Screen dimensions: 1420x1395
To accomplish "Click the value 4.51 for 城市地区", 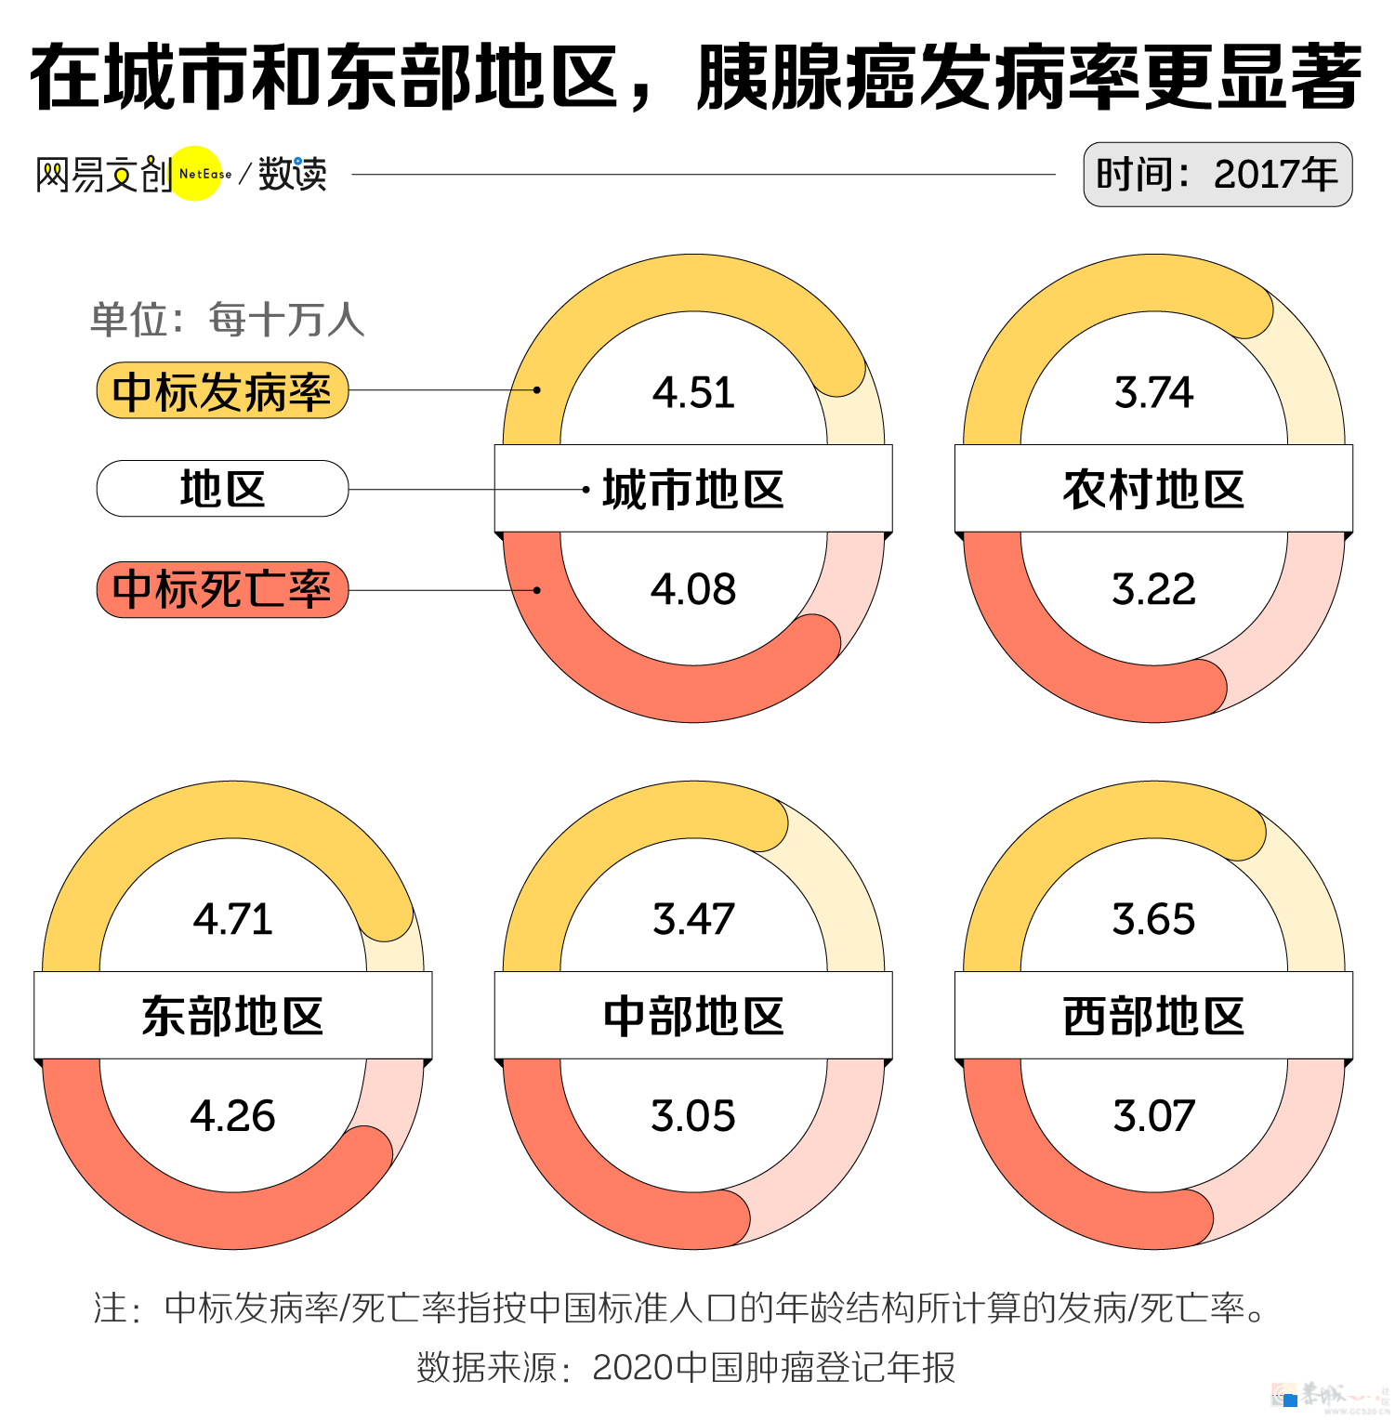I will coord(693,392).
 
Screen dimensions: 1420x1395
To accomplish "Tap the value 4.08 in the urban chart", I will coord(693,589).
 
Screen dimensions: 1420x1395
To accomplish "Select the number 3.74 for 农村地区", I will coord(1153,392).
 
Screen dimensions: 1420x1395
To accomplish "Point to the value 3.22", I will coord(1153,589).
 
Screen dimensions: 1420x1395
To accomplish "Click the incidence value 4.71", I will coord(233,919).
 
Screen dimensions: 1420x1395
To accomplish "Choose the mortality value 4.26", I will coord(233,1115).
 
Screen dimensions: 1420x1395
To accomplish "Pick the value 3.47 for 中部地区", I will coord(693,919).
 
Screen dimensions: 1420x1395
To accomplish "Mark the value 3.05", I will coord(693,1115).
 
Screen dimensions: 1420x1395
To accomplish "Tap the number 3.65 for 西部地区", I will coord(1153,919).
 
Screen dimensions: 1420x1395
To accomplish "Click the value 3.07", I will coord(1153,1115).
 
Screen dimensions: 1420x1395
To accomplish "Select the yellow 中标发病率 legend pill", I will coord(222,391).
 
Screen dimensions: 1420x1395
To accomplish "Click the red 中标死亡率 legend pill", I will coord(222,589).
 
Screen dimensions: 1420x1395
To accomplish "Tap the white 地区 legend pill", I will coord(222,489).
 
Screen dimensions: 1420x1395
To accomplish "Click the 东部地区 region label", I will coord(233,1016).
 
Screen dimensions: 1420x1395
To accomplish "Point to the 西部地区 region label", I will coord(1153,1016).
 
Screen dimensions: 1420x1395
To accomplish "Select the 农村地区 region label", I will coord(1153,489).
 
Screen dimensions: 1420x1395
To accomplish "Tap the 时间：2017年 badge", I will coord(1217,175).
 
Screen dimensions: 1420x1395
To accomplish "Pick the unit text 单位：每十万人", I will coord(228,320).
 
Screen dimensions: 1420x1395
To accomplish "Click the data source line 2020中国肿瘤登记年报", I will coord(686,1367).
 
